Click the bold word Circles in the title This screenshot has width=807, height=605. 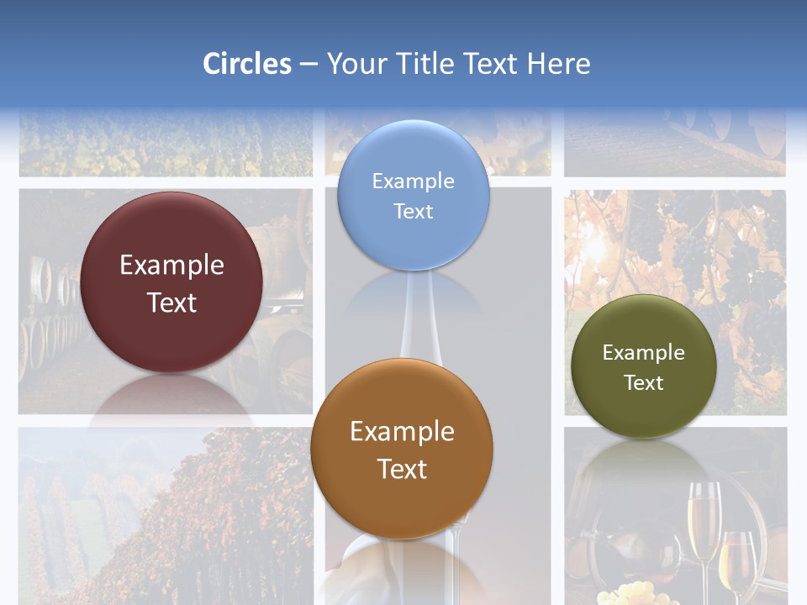click(x=246, y=64)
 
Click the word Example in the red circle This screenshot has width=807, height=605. click(x=171, y=266)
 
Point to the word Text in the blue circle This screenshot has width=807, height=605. click(x=413, y=211)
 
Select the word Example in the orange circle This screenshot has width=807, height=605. click(x=402, y=432)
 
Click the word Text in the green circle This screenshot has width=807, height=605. click(x=643, y=383)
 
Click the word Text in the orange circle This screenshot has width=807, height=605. click(x=402, y=469)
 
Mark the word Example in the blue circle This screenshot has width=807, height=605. click(x=413, y=181)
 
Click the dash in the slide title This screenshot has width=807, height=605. click(x=308, y=65)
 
